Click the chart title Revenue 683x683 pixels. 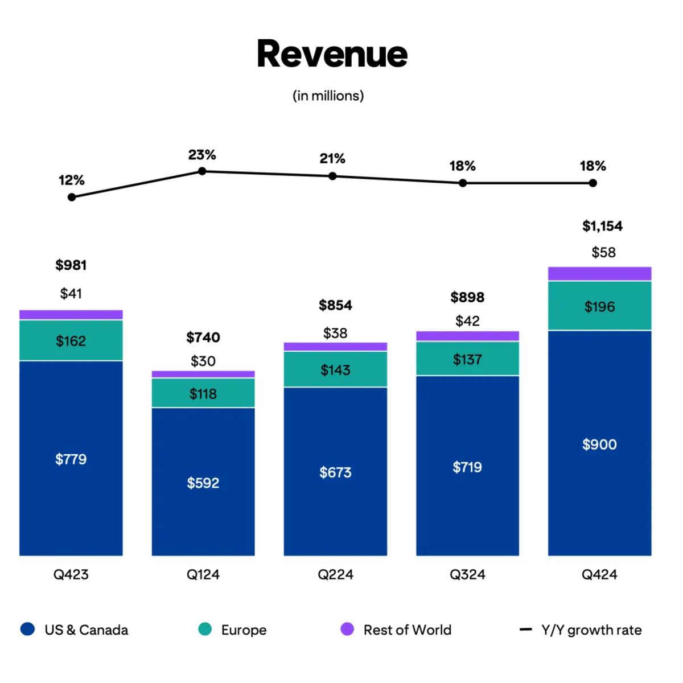pos(332,54)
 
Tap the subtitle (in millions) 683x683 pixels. pos(328,96)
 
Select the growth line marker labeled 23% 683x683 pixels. pos(202,171)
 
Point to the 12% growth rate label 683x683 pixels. pos(71,180)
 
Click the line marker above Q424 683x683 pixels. pos(593,183)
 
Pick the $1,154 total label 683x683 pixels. pos(602,226)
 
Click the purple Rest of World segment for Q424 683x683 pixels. pos(599,274)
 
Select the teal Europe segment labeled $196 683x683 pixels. pos(599,306)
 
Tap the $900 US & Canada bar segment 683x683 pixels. pos(599,444)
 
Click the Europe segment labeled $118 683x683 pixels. pos(203,393)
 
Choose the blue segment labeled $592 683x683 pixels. pos(203,483)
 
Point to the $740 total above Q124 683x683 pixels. pos(203,338)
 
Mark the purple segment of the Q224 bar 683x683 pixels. pos(335,347)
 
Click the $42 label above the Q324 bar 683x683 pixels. pos(467,321)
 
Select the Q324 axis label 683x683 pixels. pos(467,574)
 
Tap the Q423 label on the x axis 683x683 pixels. pos(71,574)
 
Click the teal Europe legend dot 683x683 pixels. pos(205,629)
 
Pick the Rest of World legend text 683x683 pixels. pos(407,630)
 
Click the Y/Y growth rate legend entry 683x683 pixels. pos(591,630)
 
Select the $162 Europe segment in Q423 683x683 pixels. pos(71,341)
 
